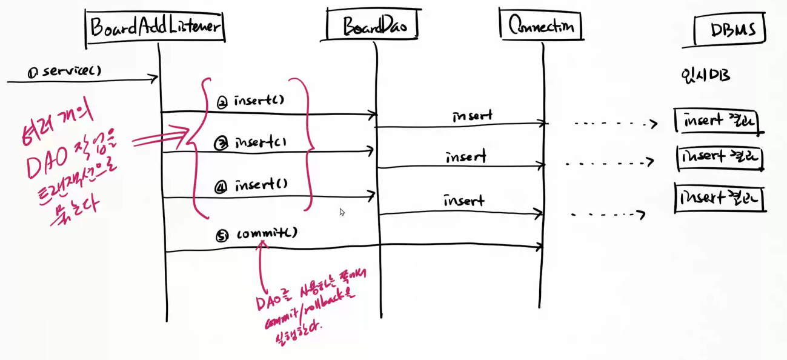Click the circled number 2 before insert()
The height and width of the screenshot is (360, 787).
pos(222,103)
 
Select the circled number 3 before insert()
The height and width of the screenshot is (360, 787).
pos(222,144)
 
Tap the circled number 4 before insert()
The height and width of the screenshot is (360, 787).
pos(221,187)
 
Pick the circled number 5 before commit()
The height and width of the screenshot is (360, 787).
pos(222,236)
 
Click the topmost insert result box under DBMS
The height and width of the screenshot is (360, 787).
pos(719,121)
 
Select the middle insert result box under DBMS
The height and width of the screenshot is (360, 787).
pos(720,158)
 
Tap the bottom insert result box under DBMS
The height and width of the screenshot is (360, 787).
pos(720,199)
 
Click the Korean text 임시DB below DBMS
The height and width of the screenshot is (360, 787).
pos(705,76)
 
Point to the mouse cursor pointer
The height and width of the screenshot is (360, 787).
pos(342,212)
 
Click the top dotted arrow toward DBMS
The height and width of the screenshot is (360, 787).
pos(615,125)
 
